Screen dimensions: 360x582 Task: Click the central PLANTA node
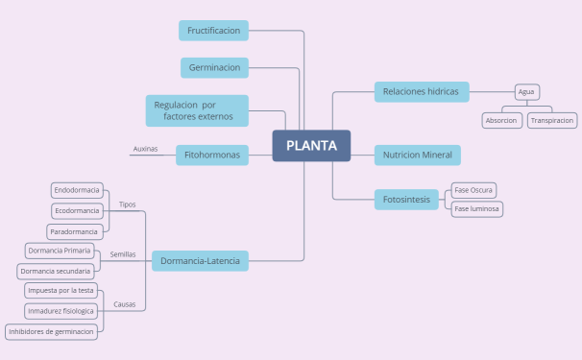click(311, 146)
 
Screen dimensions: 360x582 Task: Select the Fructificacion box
click(213, 31)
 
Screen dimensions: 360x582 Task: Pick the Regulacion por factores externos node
click(197, 110)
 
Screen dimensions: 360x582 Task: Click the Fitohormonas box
click(211, 155)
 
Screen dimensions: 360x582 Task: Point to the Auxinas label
click(145, 150)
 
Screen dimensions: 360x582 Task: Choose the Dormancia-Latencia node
click(201, 260)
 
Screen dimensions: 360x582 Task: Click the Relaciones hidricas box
click(421, 92)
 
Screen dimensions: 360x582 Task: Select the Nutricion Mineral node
click(418, 155)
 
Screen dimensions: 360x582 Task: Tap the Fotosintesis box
click(406, 199)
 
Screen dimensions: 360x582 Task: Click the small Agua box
click(526, 92)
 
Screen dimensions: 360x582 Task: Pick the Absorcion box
click(502, 121)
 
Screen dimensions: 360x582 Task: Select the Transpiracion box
click(552, 121)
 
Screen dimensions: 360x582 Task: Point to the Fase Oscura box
click(474, 190)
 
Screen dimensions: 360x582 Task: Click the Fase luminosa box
click(477, 208)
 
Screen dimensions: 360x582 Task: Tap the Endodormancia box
click(77, 190)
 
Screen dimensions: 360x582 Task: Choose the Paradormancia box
click(75, 231)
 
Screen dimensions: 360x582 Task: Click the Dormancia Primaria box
click(60, 251)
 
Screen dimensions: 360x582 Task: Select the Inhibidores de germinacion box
click(53, 331)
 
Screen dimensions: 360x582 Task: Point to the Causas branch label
click(125, 304)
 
